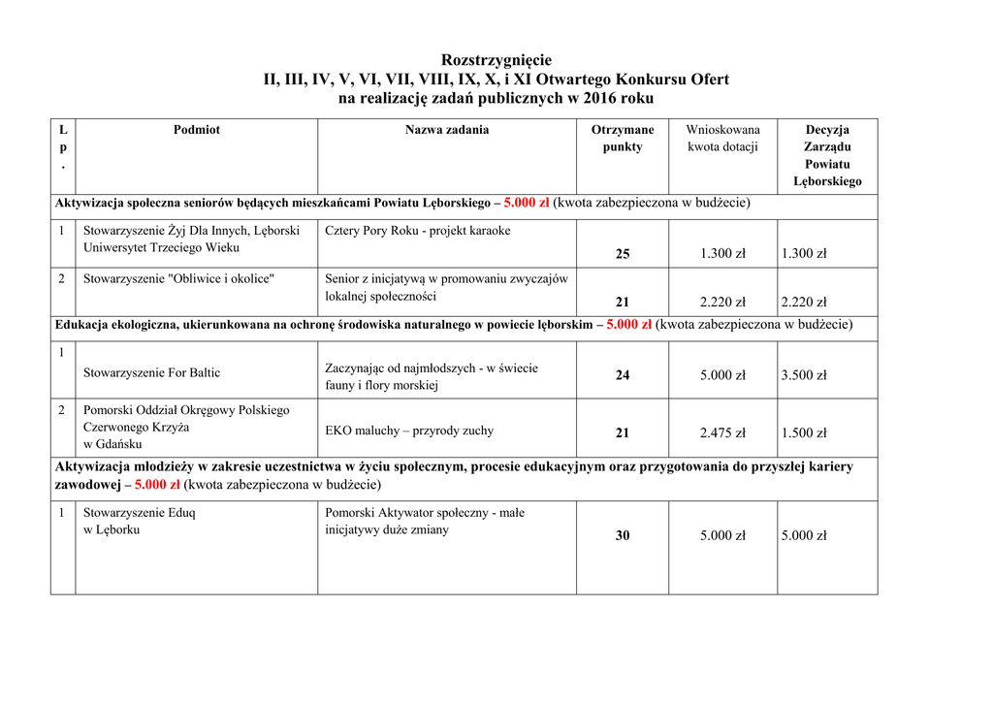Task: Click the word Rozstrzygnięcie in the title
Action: [x=496, y=60]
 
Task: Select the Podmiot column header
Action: [x=197, y=130]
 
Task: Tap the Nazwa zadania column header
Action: [x=447, y=130]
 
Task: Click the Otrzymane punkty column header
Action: [x=623, y=138]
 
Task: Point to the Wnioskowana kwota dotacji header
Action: [x=722, y=138]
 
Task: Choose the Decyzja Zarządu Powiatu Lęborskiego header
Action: [x=827, y=155]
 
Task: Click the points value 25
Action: [x=623, y=254]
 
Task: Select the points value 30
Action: [x=623, y=535]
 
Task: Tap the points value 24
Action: [x=623, y=375]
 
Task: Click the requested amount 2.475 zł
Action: [x=722, y=433]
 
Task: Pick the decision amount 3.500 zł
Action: [x=804, y=375]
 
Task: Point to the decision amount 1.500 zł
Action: [x=804, y=433]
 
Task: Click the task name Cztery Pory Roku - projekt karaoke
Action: [x=418, y=231]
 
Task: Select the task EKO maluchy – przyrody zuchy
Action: [x=409, y=431]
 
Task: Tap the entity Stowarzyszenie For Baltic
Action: [x=151, y=372]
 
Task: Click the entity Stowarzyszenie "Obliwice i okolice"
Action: [x=178, y=279]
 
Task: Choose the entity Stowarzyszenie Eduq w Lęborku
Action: [x=139, y=521]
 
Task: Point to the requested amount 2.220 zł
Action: [x=722, y=303]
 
